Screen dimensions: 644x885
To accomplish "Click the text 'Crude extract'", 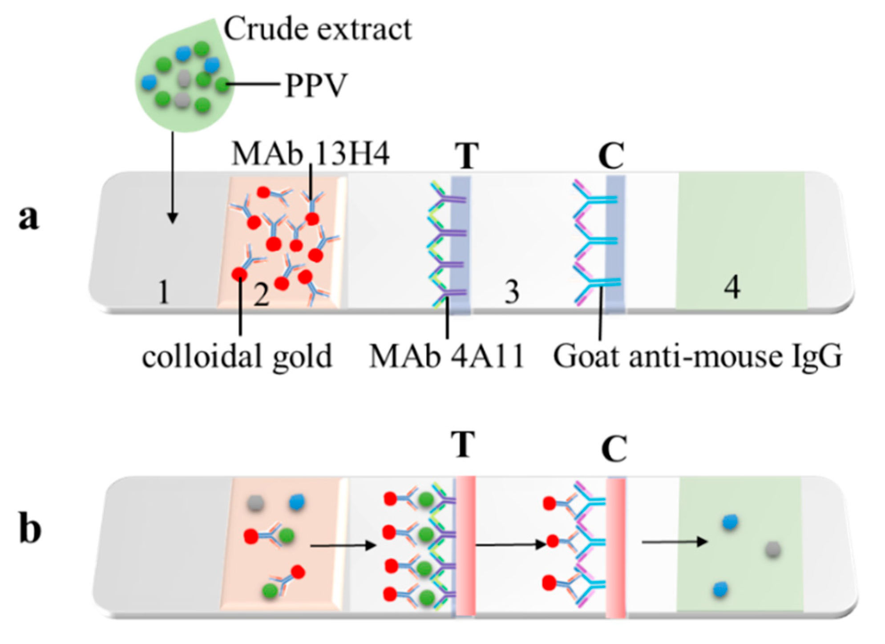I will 317,29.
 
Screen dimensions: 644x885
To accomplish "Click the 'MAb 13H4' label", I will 310,154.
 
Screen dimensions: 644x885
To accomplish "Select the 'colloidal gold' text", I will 237,357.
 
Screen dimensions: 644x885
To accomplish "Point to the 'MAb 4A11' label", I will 446,357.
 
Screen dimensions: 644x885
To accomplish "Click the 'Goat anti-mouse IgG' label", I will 697,357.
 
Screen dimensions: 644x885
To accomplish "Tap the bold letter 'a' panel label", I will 29,218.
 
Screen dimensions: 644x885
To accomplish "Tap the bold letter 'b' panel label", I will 30,528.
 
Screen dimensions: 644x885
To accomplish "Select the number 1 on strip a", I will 164,292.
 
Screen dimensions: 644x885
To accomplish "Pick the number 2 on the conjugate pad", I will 261,295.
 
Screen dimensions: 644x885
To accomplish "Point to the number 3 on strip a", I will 512,292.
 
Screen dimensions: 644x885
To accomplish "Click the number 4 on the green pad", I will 732,287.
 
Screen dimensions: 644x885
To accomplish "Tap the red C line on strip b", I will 615,547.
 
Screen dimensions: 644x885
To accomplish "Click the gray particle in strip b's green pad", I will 773,550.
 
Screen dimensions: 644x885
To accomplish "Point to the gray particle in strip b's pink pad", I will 255,503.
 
